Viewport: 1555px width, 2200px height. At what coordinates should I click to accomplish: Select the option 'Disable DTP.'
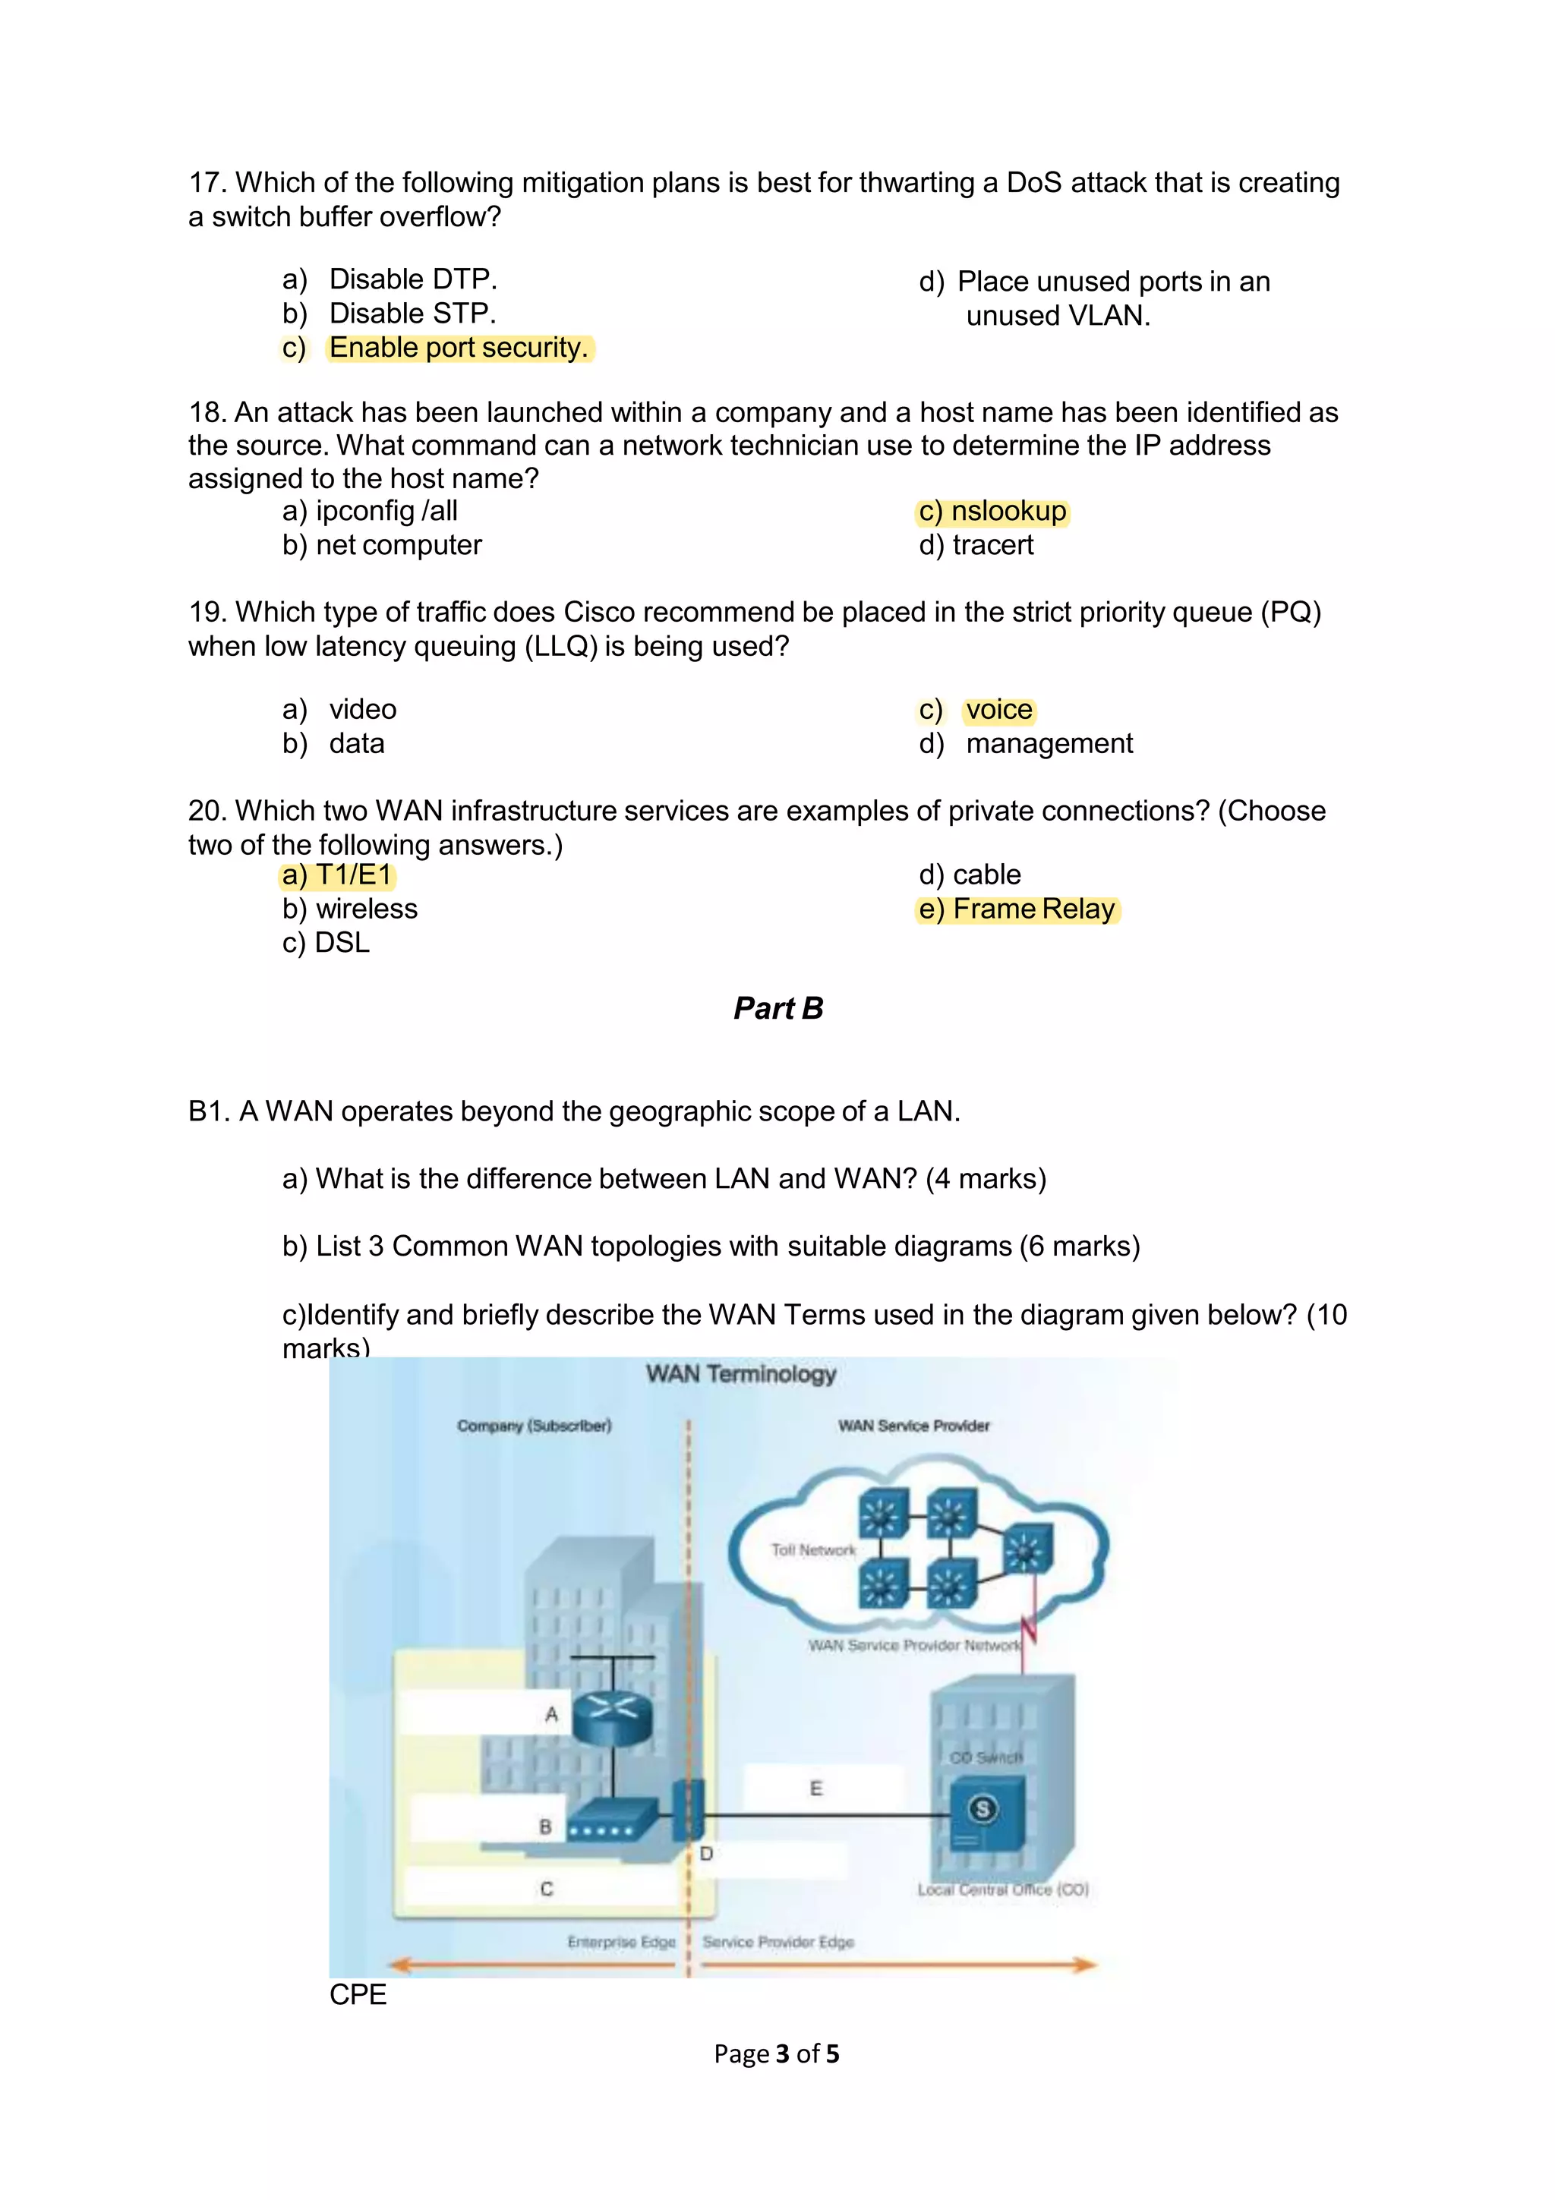click(x=412, y=279)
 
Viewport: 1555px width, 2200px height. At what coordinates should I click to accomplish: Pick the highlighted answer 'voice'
click(x=998, y=710)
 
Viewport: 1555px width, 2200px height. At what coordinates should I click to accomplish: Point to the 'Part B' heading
click(x=778, y=1008)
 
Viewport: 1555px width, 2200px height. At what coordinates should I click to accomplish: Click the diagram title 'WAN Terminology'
click(x=740, y=1374)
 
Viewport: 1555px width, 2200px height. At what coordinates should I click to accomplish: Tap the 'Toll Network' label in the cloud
click(x=813, y=1549)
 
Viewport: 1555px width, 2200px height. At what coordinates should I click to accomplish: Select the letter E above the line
click(x=815, y=1788)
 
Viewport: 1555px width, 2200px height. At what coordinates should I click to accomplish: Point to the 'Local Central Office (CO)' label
click(x=1002, y=1890)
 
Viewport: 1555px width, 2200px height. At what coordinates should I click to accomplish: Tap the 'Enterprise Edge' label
click(x=621, y=1941)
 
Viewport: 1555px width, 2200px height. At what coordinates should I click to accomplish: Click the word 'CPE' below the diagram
click(x=358, y=1994)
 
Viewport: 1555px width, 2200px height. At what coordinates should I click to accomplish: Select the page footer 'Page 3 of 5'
click(x=776, y=2053)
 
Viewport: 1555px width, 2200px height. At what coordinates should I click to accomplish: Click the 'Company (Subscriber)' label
click(x=534, y=1426)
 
